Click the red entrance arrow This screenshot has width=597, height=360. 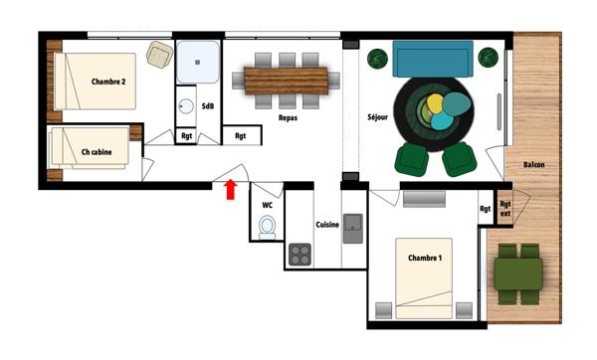pyautogui.click(x=231, y=189)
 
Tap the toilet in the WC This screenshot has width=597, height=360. pyautogui.click(x=267, y=227)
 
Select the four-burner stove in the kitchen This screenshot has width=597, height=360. pyautogui.click(x=299, y=255)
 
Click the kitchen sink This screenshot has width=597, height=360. pyautogui.click(x=353, y=229)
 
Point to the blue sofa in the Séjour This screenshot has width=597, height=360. pyautogui.click(x=433, y=59)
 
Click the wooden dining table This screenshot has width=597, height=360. pyautogui.click(x=286, y=81)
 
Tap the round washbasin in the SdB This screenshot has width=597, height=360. pyautogui.click(x=186, y=106)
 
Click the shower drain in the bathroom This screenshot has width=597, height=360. pyautogui.click(x=197, y=62)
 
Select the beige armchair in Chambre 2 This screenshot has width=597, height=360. pyautogui.click(x=159, y=55)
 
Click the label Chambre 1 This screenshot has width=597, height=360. pyautogui.click(x=425, y=258)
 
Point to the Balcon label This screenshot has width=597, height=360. pyautogui.click(x=533, y=165)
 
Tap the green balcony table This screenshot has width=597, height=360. pyautogui.click(x=518, y=273)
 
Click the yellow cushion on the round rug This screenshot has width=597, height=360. pyautogui.click(x=435, y=103)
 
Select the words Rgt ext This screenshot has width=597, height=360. pyautogui.click(x=505, y=209)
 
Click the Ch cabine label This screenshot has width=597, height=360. pyautogui.click(x=97, y=152)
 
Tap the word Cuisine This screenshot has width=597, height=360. pyautogui.click(x=327, y=225)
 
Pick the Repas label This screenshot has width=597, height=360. pyautogui.click(x=288, y=118)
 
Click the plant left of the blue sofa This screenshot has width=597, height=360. pyautogui.click(x=377, y=59)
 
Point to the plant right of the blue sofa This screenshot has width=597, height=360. pyautogui.click(x=489, y=58)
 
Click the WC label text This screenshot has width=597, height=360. pyautogui.click(x=268, y=206)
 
